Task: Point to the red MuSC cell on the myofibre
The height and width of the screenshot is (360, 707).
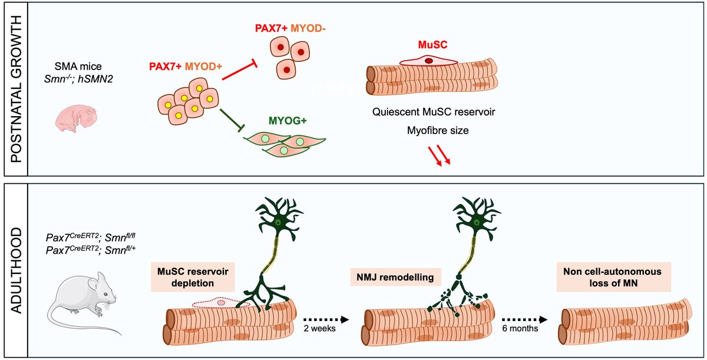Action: point(430,61)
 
